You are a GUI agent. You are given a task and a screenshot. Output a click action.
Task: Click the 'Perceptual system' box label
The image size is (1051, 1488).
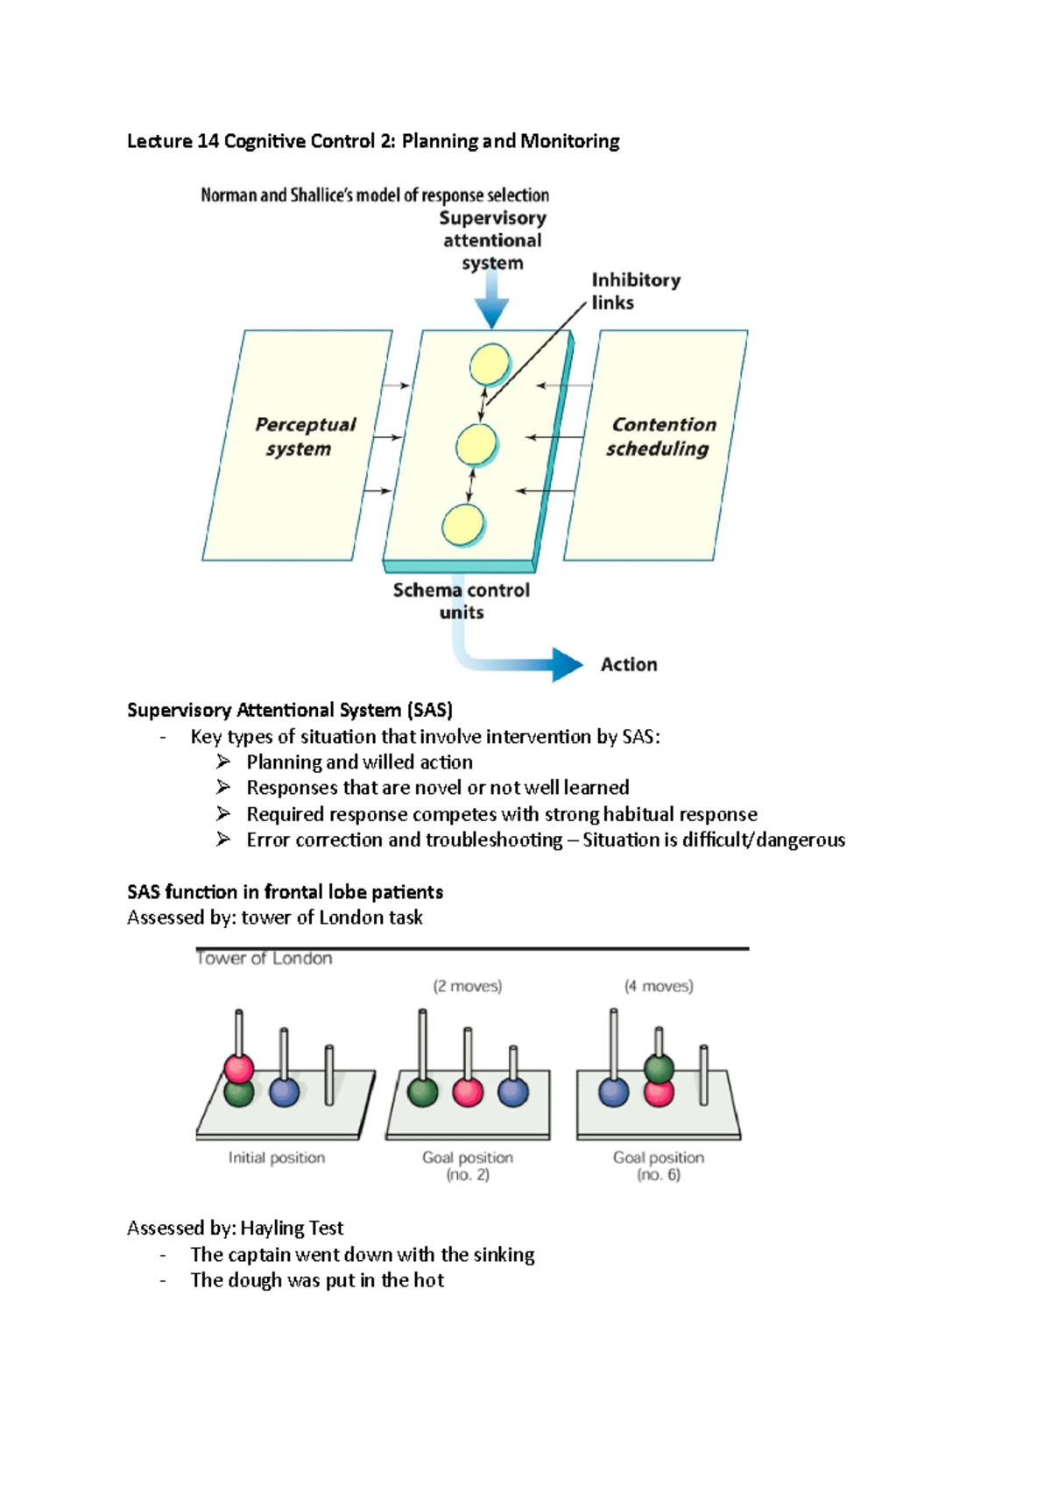[x=305, y=436]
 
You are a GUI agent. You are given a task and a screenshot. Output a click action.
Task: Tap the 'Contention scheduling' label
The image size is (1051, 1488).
[x=660, y=436]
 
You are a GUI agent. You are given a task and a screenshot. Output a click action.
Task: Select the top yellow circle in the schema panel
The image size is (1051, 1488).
[x=490, y=364]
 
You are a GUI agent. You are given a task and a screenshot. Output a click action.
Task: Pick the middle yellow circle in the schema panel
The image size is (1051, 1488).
[x=476, y=444]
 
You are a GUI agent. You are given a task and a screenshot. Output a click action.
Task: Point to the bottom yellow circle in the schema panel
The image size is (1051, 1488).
[x=462, y=525]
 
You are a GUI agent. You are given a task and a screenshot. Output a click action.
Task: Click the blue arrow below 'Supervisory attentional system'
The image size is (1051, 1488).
[x=491, y=301]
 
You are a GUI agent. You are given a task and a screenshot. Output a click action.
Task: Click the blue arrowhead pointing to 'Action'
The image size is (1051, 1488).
[x=567, y=664]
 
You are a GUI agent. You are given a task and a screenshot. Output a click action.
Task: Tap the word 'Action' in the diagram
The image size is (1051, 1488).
[x=629, y=664]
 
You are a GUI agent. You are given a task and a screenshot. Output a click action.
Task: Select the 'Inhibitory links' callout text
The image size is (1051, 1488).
[x=635, y=291]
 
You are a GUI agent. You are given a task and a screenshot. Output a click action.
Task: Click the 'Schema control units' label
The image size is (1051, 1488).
[x=462, y=600]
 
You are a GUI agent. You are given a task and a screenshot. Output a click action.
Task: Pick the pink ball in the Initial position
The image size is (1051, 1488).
[x=239, y=1068]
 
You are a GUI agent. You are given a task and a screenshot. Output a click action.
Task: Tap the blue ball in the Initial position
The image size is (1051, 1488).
[x=284, y=1092]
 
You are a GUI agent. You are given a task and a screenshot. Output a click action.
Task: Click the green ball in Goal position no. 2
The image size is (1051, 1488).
[x=422, y=1092]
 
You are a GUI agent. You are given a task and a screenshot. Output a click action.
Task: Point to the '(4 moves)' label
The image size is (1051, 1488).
[x=659, y=986]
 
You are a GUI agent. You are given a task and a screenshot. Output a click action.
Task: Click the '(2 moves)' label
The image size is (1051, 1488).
[x=468, y=986]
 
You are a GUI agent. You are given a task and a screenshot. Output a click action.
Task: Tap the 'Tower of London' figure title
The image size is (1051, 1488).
[x=265, y=958]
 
